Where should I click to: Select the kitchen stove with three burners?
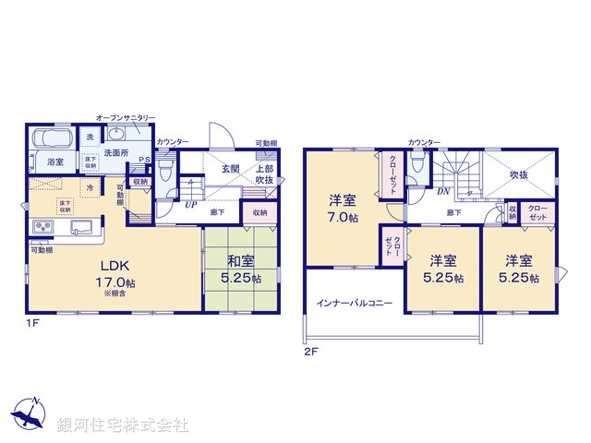[x=43, y=228]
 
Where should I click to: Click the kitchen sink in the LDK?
[x=83, y=227]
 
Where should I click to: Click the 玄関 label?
[x=230, y=169]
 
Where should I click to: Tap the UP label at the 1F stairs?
[x=190, y=204]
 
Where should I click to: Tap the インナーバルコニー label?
[x=355, y=302]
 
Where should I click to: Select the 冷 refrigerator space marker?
[x=90, y=187]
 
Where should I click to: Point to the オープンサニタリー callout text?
[x=126, y=118]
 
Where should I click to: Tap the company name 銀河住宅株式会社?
[x=123, y=425]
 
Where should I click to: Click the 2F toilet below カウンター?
[x=417, y=169]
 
